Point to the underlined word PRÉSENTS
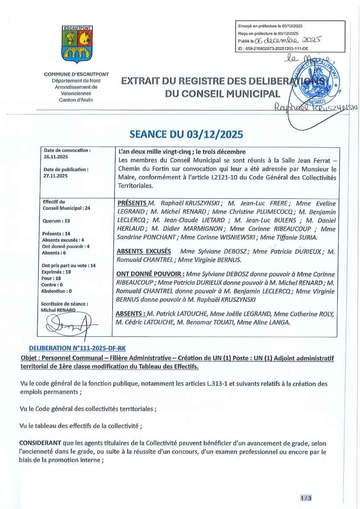[132, 203]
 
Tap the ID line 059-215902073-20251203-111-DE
[282, 50]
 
